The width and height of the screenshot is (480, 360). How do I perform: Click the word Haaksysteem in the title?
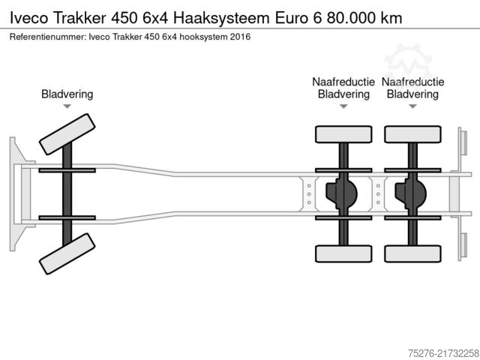point(221,18)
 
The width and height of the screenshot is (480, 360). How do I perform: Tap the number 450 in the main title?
point(124,18)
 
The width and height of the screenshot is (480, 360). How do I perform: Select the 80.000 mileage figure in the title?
point(351,18)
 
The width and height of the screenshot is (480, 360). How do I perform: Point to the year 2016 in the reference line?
point(240,37)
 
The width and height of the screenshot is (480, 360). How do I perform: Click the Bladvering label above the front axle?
point(67,94)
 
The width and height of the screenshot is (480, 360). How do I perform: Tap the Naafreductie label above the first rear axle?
point(343,82)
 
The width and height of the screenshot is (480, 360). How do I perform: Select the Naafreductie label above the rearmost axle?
point(413,82)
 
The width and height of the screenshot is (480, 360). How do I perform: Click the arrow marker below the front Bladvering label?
point(67,106)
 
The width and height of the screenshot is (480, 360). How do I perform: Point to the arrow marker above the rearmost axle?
point(413,106)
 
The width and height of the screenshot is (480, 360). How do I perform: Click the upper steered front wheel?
point(67,134)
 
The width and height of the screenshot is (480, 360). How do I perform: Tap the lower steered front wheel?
point(67,253)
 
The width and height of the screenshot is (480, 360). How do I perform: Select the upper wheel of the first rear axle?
point(343,134)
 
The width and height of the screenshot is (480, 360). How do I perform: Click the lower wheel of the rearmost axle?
point(413,253)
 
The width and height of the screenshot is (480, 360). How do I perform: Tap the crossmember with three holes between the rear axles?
point(378,194)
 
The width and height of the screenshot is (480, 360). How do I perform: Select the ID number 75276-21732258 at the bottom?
point(443,353)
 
